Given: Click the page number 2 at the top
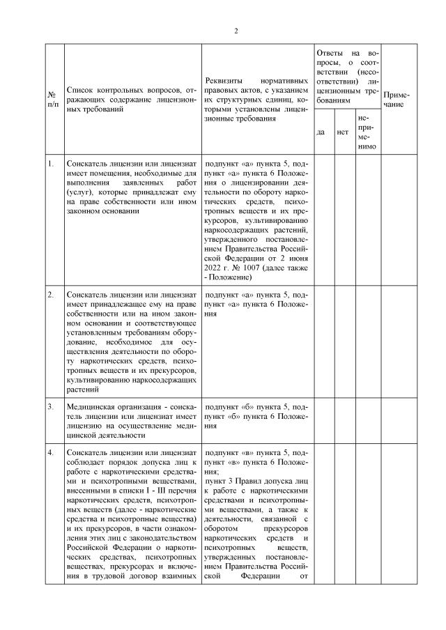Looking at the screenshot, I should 236,31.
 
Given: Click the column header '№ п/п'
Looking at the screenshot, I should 53,99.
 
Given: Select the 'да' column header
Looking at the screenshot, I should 321,132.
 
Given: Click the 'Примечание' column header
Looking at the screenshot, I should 397,99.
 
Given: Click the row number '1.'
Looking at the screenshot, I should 50,164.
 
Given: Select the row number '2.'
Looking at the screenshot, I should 50,295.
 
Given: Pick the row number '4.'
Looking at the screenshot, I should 50,453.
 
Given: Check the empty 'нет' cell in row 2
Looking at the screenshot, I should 343,341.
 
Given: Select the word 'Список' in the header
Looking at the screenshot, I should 80,91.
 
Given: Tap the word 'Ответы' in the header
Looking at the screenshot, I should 329,53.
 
